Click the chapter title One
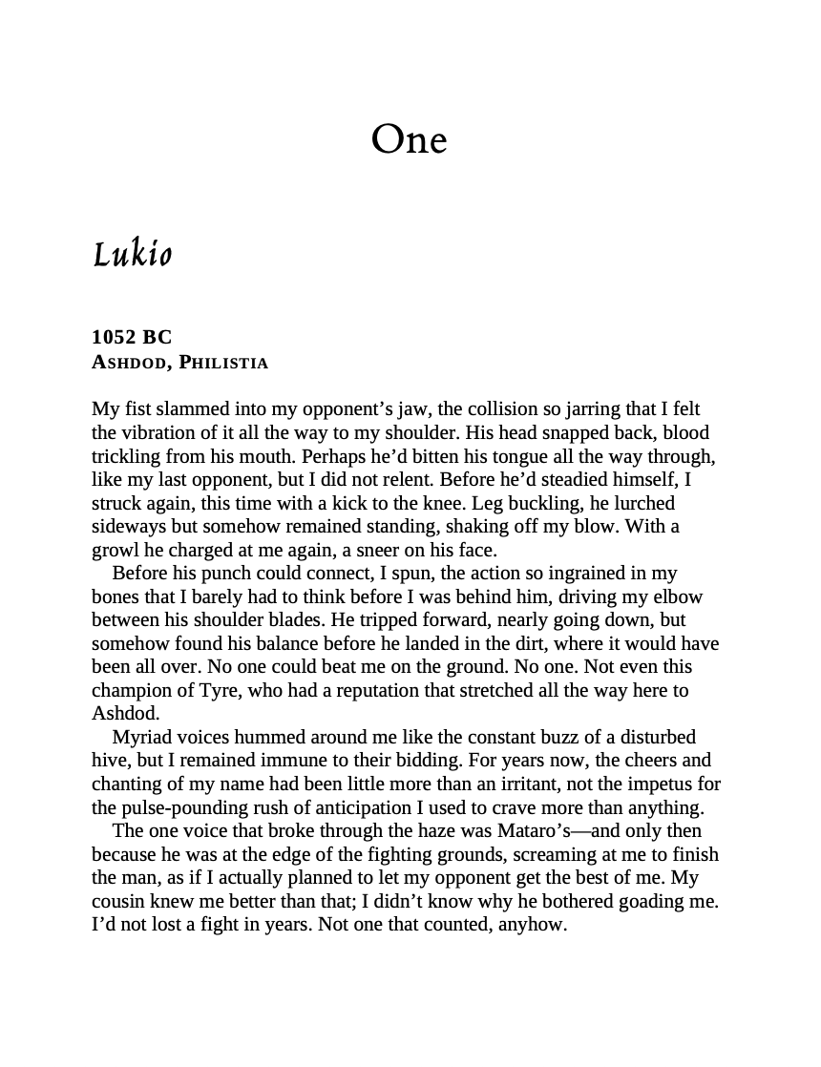coord(409,140)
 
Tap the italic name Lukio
coord(132,255)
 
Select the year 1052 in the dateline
coord(114,337)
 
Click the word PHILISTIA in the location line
coord(223,363)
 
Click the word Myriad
coord(141,737)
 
